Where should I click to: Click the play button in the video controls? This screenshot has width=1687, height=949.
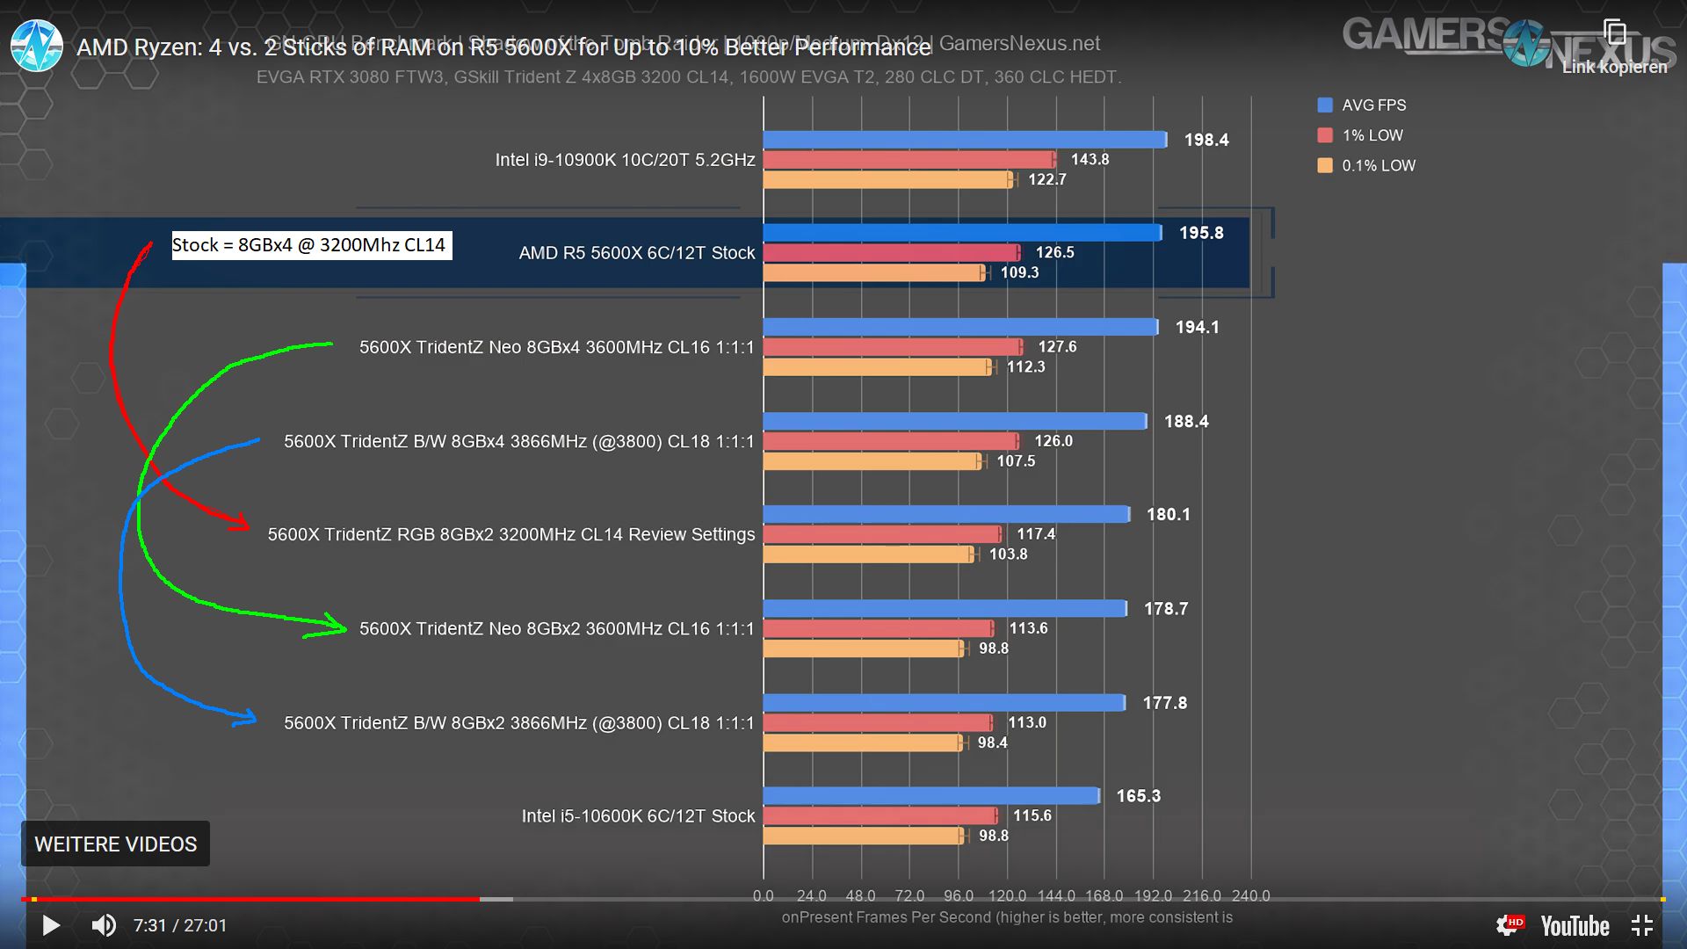[x=51, y=925]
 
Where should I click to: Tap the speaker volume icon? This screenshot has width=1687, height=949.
[x=104, y=925]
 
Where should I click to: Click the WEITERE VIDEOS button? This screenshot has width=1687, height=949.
[x=115, y=844]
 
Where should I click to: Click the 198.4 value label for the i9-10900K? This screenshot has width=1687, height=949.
[x=1206, y=141]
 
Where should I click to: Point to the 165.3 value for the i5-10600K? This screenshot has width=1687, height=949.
[x=1138, y=796]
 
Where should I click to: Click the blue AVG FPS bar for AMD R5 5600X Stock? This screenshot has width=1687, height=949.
[x=962, y=233]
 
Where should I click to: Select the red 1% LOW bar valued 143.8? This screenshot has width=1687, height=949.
[x=909, y=160]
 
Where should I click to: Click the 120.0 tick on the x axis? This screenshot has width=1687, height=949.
[x=1007, y=895]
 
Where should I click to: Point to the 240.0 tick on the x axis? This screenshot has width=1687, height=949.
[x=1250, y=895]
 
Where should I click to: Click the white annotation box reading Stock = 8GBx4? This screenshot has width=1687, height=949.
[x=311, y=245]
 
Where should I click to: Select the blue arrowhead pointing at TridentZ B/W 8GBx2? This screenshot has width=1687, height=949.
[x=246, y=718]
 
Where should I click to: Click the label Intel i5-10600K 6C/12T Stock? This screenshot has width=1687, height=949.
[x=638, y=816]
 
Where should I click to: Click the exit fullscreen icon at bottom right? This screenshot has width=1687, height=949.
[x=1641, y=925]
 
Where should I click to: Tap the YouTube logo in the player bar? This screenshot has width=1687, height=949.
[x=1574, y=926]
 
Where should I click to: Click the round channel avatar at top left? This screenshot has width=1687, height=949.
[x=37, y=46]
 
